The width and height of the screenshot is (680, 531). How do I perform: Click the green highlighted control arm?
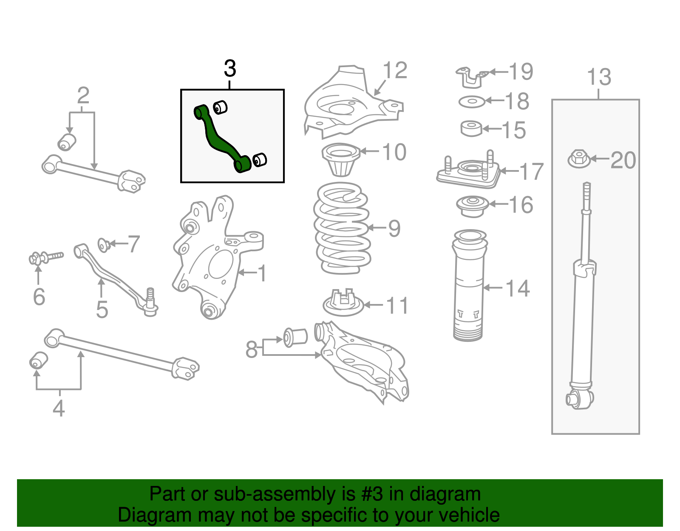click(221, 140)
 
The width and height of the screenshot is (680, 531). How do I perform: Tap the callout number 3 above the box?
click(230, 68)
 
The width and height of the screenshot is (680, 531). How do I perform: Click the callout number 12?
click(395, 70)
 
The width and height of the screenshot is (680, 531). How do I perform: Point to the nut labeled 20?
click(578, 159)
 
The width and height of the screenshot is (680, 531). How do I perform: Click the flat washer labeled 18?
click(472, 102)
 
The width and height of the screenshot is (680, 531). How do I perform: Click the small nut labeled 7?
click(104, 245)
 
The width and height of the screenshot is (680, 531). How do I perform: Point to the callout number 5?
click(102, 310)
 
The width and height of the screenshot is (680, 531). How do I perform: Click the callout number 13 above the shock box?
click(599, 77)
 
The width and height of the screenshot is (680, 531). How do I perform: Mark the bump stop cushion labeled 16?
click(471, 206)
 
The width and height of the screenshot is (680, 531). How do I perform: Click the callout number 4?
click(59, 408)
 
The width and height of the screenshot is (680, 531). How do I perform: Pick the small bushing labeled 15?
click(471, 128)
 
